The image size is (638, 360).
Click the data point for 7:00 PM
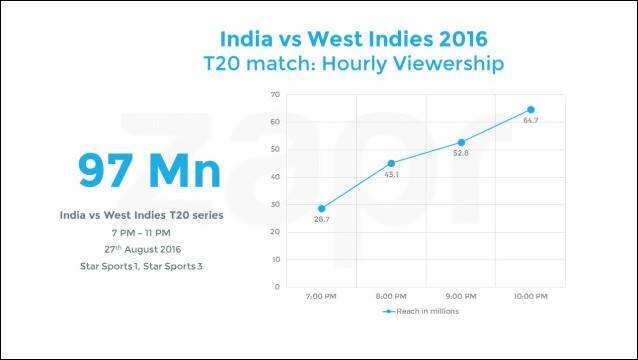[321, 209]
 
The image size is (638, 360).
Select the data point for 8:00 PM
[391, 164]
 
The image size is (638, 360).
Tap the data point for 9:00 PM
[461, 142]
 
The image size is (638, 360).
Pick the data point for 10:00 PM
[531, 110]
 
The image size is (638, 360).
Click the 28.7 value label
[321, 220]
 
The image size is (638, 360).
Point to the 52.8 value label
[461, 153]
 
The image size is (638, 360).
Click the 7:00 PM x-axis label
[321, 297]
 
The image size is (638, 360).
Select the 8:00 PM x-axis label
[391, 297]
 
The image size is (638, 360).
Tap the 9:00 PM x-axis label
[461, 297]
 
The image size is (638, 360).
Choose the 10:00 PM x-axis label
[530, 297]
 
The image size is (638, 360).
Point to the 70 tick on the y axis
[275, 94]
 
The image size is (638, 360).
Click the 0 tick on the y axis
[277, 286]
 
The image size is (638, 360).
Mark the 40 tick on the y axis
[275, 177]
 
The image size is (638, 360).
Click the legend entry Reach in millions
[421, 311]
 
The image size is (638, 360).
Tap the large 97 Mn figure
[149, 170]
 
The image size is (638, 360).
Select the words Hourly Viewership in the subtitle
[413, 64]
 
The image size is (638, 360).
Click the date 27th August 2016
[142, 249]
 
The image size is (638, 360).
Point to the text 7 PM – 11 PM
[141, 233]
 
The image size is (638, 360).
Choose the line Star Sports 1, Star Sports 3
[141, 266]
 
